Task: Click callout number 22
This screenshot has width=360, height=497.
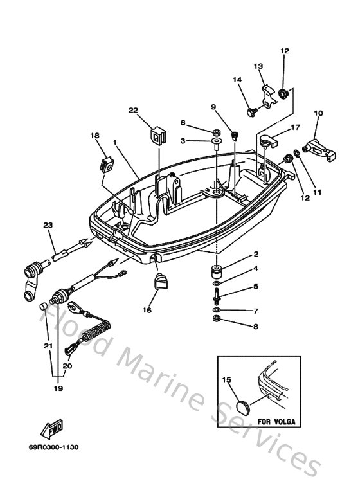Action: coord(133,111)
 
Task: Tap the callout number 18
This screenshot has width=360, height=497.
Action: coord(94,136)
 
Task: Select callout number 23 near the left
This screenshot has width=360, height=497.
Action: coord(47,224)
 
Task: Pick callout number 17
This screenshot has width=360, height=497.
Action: coord(278,127)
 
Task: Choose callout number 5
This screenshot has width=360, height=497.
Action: coord(255,287)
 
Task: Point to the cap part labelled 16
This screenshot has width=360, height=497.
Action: coord(160,282)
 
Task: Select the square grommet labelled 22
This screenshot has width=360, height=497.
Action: coord(157,136)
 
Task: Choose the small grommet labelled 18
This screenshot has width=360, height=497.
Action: coord(106,164)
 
